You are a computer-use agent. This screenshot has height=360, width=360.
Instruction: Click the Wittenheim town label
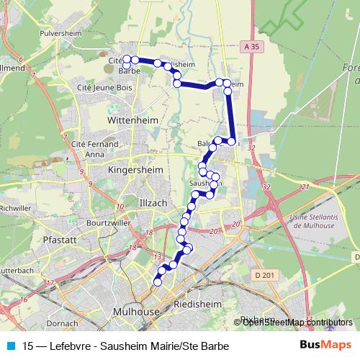tap(126, 122)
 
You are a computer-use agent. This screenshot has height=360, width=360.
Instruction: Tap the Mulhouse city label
tap(136, 312)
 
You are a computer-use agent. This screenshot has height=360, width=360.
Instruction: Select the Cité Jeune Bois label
tap(104, 87)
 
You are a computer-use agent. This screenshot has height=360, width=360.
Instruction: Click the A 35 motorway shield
tap(251, 45)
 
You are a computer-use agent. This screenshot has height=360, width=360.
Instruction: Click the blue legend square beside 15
tap(9, 346)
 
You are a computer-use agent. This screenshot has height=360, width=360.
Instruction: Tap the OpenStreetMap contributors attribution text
tap(297, 322)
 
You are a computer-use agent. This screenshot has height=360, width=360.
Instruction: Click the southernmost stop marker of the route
tap(158, 282)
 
